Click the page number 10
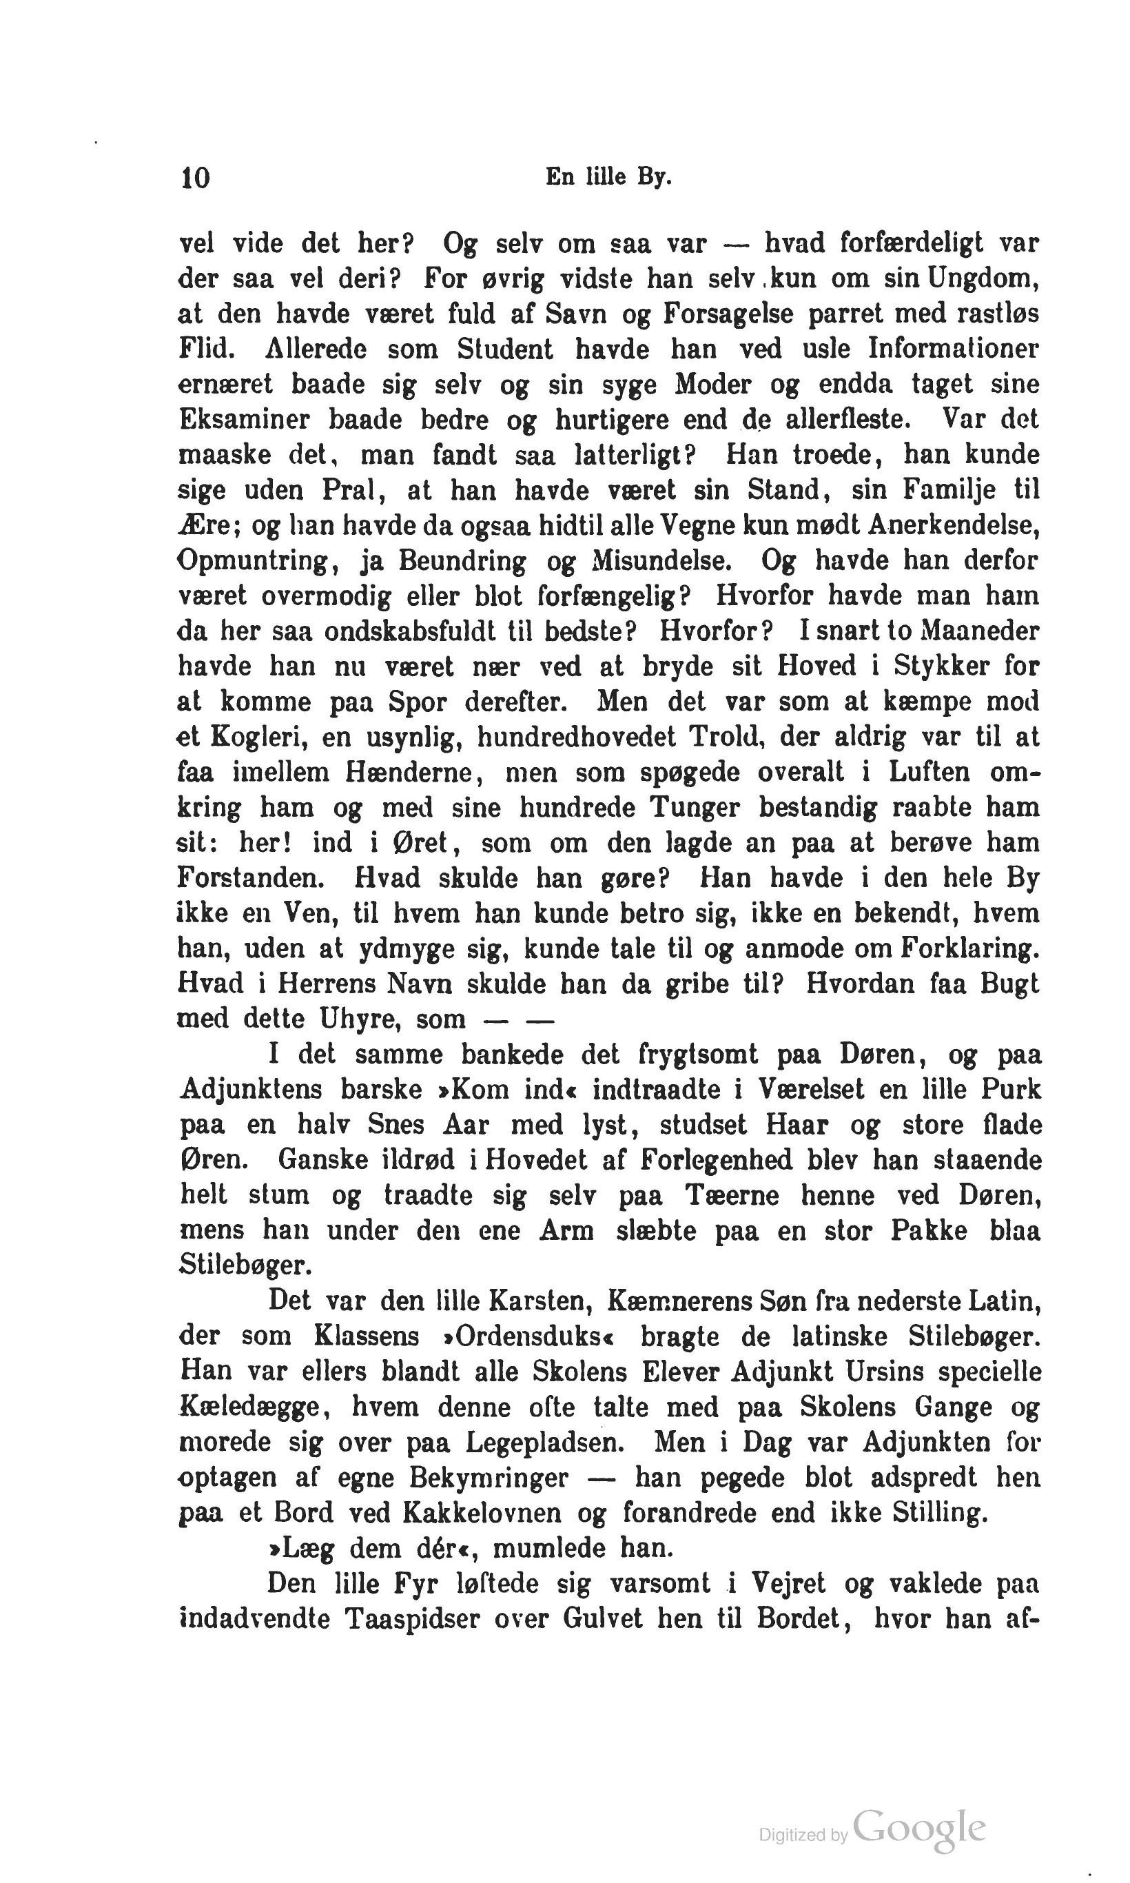(195, 178)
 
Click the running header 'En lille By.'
(608, 178)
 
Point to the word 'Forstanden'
(251, 878)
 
